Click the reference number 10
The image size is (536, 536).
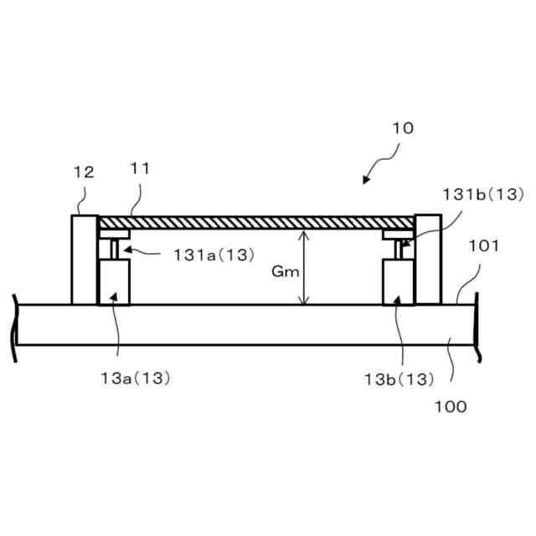(403, 128)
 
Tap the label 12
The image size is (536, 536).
(84, 173)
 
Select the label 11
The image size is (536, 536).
(140, 168)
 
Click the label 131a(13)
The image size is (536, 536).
(214, 255)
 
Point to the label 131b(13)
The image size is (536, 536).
(483, 194)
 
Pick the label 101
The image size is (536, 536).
(483, 246)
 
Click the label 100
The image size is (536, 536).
(451, 407)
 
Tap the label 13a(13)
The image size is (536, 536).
(136, 379)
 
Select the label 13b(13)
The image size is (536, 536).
(399, 379)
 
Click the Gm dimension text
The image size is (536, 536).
(286, 271)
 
